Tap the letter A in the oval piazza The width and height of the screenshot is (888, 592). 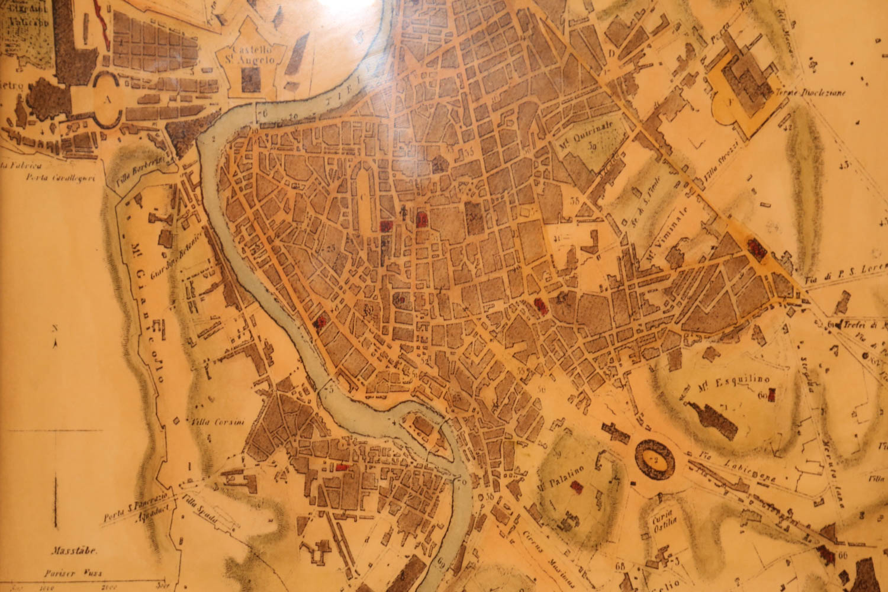pos(108,101)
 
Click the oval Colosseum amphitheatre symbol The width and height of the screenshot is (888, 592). pos(654,459)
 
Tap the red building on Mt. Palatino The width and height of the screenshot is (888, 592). pos(575,488)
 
